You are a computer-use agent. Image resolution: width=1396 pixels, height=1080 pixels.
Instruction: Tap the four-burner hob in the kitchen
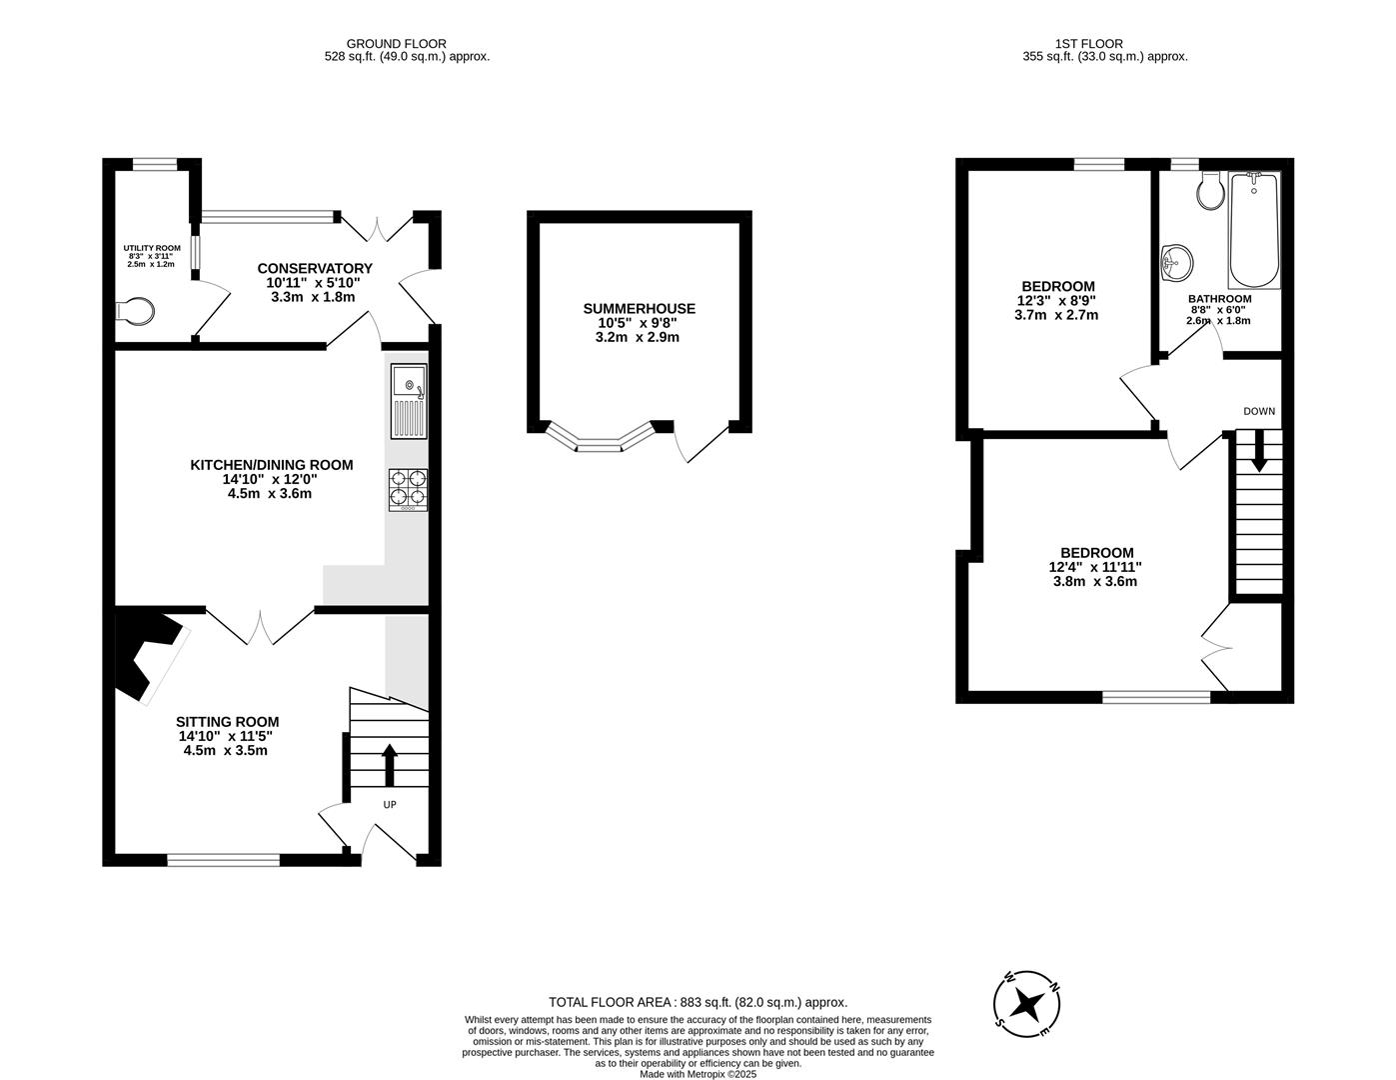409,490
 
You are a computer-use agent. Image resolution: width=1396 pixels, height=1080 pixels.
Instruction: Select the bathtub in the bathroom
1253,230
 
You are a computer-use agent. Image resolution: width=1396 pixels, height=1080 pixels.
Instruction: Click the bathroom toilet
1210,189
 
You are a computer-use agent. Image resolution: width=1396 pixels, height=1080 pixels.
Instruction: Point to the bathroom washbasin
1176,264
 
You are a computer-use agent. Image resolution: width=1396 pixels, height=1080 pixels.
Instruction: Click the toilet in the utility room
137,312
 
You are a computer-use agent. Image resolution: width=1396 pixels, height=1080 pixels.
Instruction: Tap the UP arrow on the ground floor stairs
389,765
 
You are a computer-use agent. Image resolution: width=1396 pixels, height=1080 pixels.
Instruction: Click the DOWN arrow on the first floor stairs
1258,450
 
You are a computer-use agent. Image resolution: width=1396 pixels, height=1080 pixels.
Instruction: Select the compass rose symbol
1026,1003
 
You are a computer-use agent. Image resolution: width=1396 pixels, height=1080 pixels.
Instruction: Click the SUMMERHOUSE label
639,309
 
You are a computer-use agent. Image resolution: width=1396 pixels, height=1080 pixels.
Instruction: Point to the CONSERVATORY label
314,268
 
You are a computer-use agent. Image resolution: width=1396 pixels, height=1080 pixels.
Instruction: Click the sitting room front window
224,858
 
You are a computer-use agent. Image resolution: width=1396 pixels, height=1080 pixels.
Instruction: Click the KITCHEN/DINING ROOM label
272,465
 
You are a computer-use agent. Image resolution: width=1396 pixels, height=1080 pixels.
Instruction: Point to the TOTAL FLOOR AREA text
698,1002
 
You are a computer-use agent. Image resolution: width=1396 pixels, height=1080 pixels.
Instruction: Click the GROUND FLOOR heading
396,43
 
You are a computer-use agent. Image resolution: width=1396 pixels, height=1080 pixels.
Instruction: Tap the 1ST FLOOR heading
1088,43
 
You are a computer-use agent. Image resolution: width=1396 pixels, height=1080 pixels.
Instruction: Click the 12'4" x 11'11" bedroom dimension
1095,567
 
